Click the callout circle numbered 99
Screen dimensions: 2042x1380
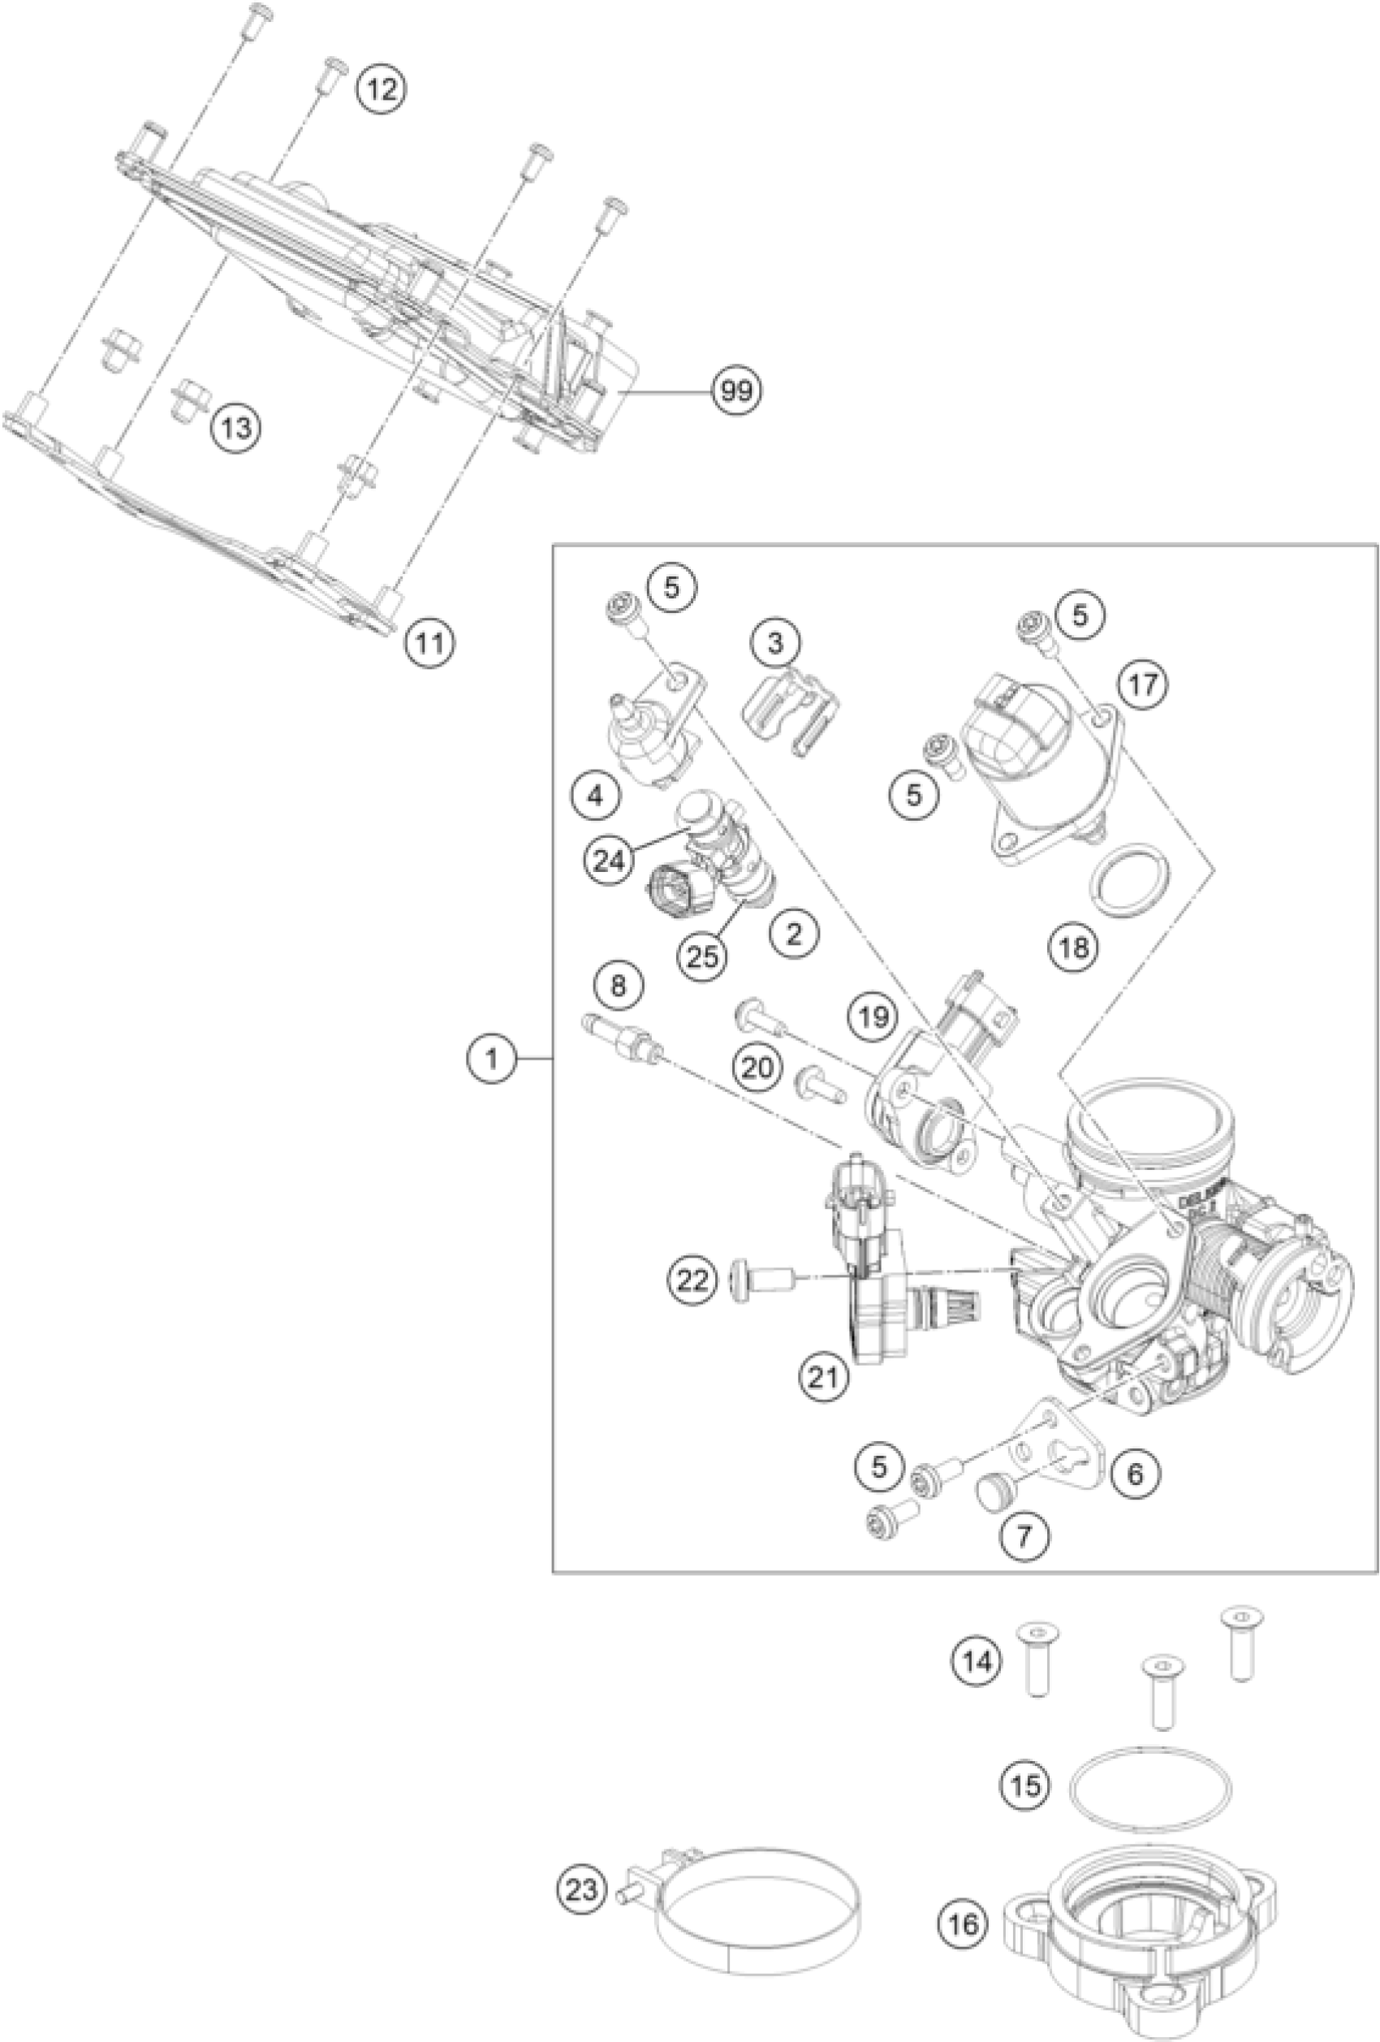(x=736, y=390)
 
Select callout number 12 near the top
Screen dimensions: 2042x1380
(x=382, y=89)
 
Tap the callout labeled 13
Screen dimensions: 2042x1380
(x=236, y=428)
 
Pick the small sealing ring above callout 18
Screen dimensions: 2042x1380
(x=1125, y=879)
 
